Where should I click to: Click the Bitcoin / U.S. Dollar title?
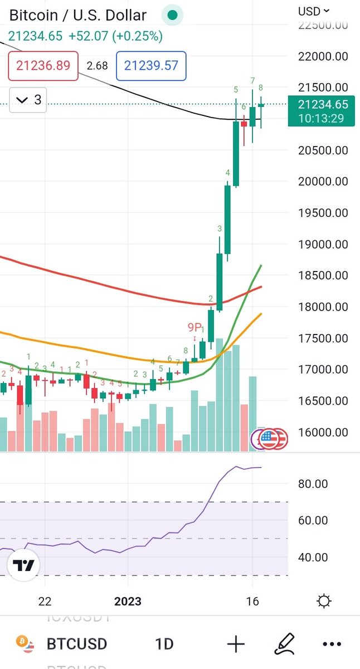pyautogui.click(x=78, y=15)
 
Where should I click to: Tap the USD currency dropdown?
pyautogui.click(x=314, y=11)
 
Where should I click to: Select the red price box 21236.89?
pyautogui.click(x=43, y=66)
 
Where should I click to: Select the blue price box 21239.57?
pyautogui.click(x=151, y=66)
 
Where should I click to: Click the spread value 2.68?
pyautogui.click(x=97, y=66)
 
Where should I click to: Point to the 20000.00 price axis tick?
pyautogui.click(x=323, y=181)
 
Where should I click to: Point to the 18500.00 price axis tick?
pyautogui.click(x=323, y=275)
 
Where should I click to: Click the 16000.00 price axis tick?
pyautogui.click(x=323, y=432)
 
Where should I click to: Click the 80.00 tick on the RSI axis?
pyautogui.click(x=313, y=484)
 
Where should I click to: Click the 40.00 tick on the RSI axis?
pyautogui.click(x=313, y=557)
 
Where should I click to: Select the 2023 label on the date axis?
pyautogui.click(x=128, y=602)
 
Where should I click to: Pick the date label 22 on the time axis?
pyautogui.click(x=45, y=602)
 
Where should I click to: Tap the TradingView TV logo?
pyautogui.click(x=24, y=565)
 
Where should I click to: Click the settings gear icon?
pyautogui.click(x=324, y=601)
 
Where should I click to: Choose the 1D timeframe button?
pyautogui.click(x=164, y=644)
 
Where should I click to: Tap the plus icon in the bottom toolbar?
pyautogui.click(x=236, y=644)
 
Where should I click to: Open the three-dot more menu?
pyautogui.click(x=332, y=644)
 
